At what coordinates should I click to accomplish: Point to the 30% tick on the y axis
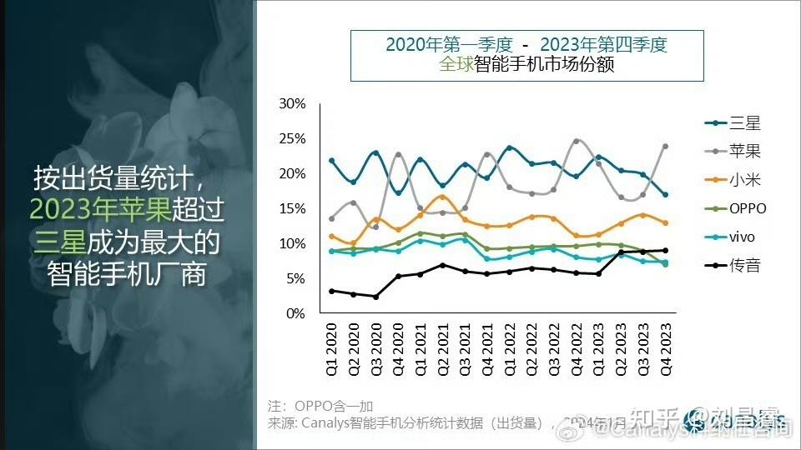coord(292,103)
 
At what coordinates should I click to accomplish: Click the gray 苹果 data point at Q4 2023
coord(665,146)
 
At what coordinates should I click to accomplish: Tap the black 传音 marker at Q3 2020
coord(375,297)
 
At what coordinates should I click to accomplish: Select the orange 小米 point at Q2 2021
coord(442,197)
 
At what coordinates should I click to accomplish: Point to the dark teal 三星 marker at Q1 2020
coord(331,160)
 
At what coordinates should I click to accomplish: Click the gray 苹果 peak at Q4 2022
coord(576,141)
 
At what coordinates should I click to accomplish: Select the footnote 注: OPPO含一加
coord(320,406)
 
